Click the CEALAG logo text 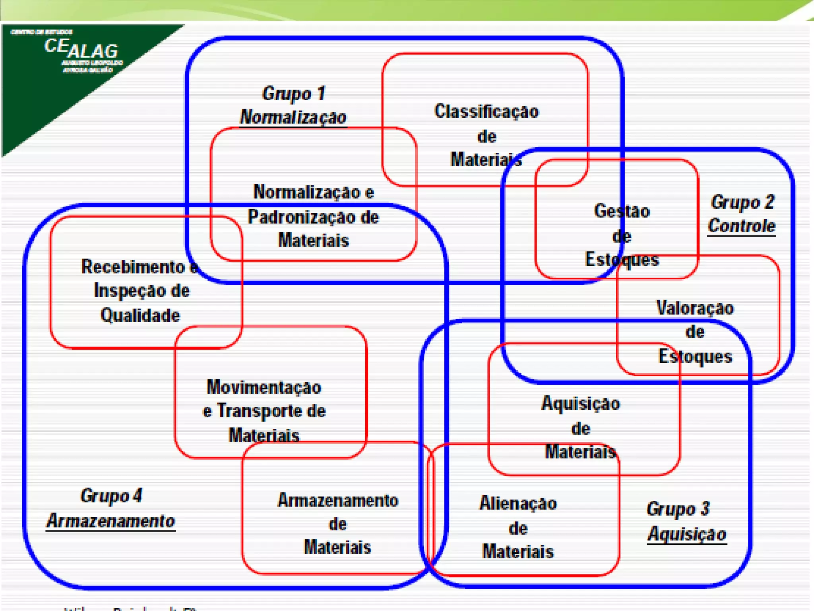coord(81,49)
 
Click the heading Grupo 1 coord(294,94)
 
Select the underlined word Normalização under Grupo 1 coord(293,117)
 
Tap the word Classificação coord(486,111)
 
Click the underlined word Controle coord(742,226)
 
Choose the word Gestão coord(622,211)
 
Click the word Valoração coord(695,308)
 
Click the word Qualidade coord(140,315)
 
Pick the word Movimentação coord(264,387)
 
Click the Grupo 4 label coord(111,496)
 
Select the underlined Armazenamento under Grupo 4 coord(110,521)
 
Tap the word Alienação coord(518,504)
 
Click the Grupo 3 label coord(678,509)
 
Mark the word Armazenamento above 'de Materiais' coord(338,500)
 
